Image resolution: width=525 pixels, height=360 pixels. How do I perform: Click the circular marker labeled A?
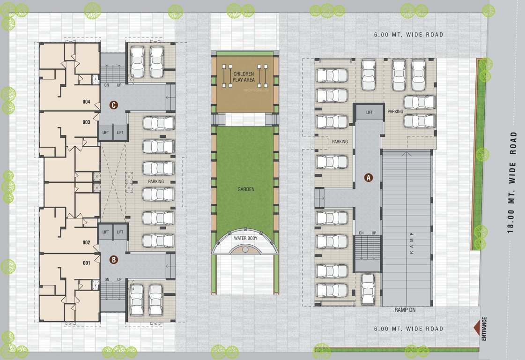[x=369, y=178]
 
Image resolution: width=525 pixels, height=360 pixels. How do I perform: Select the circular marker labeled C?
[x=113, y=105]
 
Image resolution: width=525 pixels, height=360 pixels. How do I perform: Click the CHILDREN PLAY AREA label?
[x=244, y=77]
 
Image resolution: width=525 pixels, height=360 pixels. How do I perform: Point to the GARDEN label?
[x=245, y=189]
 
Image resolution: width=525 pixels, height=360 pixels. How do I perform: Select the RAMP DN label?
[x=406, y=310]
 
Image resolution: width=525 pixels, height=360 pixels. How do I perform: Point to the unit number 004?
[x=86, y=102]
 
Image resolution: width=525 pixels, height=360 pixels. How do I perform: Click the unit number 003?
[x=86, y=122]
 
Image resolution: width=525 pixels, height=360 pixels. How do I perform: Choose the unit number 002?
[x=86, y=243]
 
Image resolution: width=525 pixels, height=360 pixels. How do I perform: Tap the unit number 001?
[x=86, y=263]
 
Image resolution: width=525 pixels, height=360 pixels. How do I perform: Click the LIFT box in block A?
[x=370, y=112]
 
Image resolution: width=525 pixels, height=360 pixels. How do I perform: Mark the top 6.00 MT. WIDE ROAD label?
[x=408, y=35]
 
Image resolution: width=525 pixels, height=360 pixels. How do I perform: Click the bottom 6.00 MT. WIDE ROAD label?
[x=408, y=329]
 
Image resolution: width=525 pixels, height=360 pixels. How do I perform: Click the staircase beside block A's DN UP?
[x=367, y=254]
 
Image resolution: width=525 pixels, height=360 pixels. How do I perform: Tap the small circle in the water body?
[x=245, y=250]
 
